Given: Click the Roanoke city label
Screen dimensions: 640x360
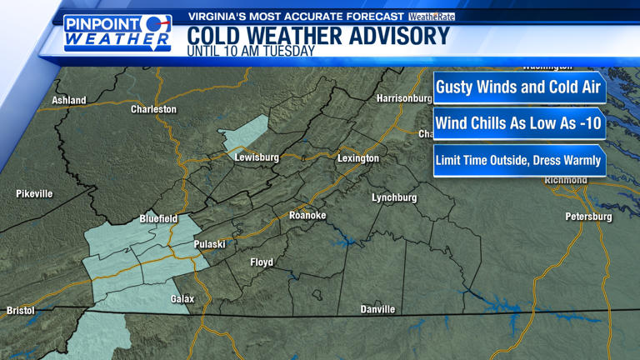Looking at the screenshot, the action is (x=307, y=216).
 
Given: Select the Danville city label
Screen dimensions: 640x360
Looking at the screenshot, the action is (x=377, y=310).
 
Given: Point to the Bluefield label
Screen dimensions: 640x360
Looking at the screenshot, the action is (x=158, y=218).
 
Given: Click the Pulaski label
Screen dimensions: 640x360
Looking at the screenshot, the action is (x=209, y=244).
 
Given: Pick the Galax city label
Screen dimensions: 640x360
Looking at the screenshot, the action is (x=182, y=298).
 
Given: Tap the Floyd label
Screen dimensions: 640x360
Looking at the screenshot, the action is (x=262, y=262).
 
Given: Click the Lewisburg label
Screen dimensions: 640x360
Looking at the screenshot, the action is (x=257, y=157).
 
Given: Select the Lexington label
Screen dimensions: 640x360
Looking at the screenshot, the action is (x=358, y=158).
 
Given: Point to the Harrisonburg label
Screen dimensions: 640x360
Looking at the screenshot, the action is (x=405, y=98).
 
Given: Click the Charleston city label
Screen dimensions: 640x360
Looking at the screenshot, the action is (x=153, y=109).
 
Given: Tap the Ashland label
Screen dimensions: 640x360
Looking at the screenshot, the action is (x=69, y=100).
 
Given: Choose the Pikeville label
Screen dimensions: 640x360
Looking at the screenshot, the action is (x=34, y=194).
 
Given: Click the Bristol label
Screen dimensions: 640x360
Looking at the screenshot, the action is (x=21, y=311).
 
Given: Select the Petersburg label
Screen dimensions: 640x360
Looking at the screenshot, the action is (x=588, y=217).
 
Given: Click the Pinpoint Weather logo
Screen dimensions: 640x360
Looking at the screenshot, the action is (x=117, y=32).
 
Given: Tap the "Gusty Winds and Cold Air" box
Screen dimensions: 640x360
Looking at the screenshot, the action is (x=518, y=87).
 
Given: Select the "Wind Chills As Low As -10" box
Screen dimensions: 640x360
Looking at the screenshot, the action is (x=518, y=123).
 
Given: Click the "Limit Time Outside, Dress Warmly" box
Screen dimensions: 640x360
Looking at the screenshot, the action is (x=518, y=161).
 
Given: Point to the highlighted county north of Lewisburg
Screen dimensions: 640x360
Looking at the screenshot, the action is (x=247, y=132).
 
